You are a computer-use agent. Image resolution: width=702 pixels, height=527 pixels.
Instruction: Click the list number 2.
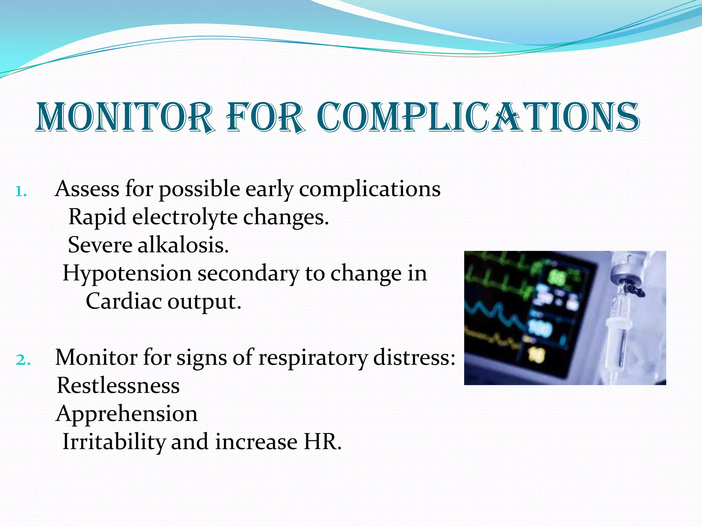[x=23, y=360]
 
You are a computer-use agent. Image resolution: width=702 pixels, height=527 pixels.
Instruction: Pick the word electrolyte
[x=185, y=217]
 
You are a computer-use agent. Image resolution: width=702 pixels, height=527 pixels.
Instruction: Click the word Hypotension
[x=127, y=274]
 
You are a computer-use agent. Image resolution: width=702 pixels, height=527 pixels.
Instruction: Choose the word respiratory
[x=312, y=358]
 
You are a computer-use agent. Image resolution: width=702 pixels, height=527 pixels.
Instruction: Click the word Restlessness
[x=118, y=386]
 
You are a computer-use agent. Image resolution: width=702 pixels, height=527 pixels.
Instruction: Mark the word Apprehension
[x=126, y=414]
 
